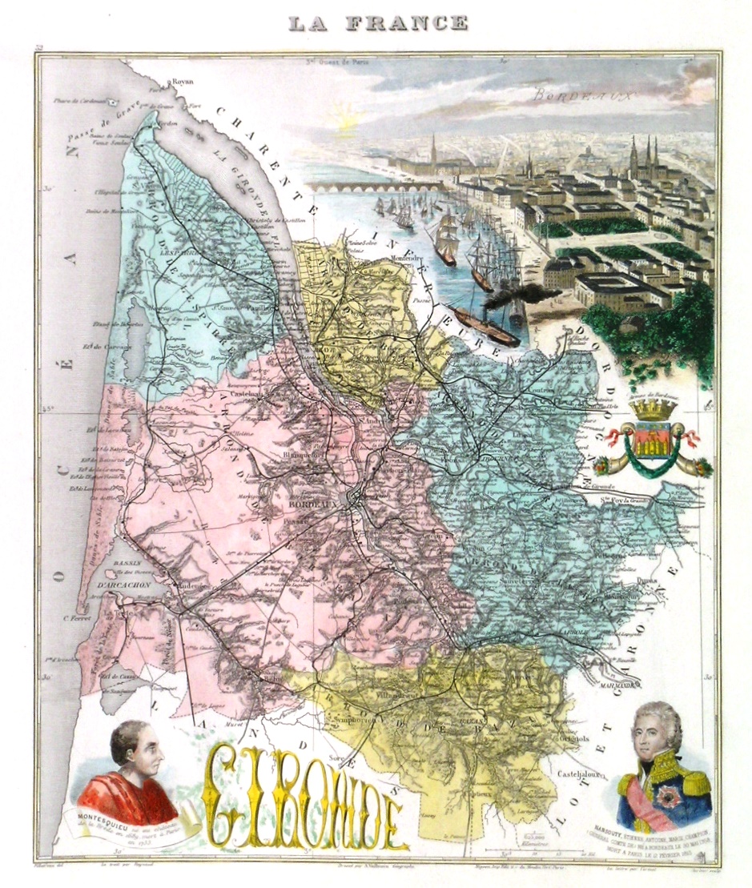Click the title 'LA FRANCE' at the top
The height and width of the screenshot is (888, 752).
[x=377, y=23]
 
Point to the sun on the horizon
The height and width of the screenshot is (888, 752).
[x=349, y=123]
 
